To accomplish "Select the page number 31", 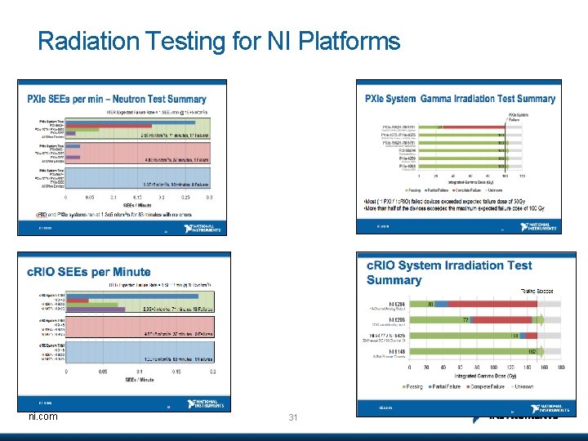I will point(294,418).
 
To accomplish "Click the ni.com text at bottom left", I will point(42,416).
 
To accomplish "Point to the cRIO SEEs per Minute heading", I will point(89,272).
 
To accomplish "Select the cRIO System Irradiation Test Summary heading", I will point(448,272).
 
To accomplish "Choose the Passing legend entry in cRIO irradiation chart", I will point(412,385).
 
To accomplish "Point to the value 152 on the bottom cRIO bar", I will point(530,351).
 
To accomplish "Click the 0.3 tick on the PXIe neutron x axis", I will point(209,197).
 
